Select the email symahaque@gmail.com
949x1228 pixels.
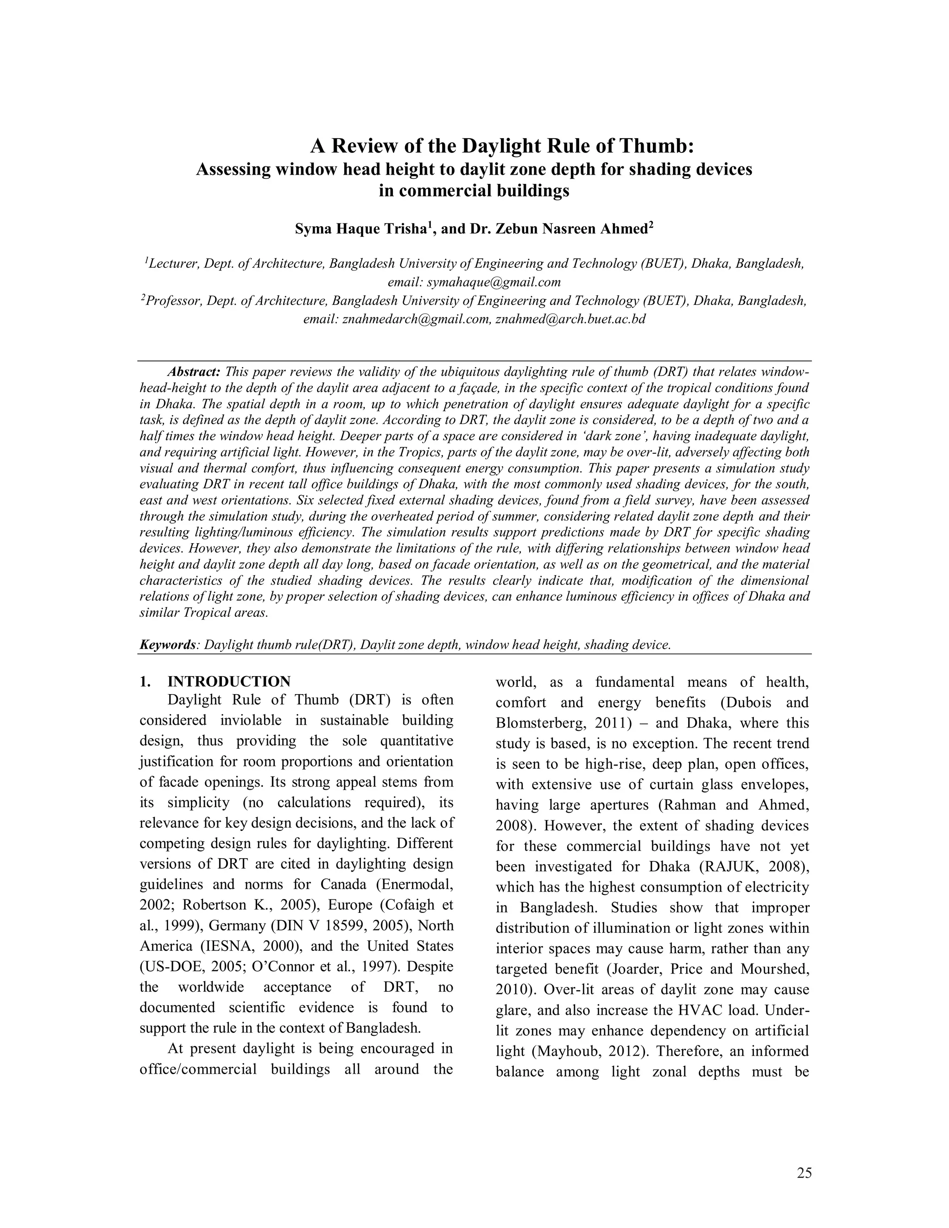click(x=493, y=282)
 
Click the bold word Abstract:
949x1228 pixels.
click(x=194, y=372)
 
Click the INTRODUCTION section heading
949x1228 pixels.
click(x=229, y=682)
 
